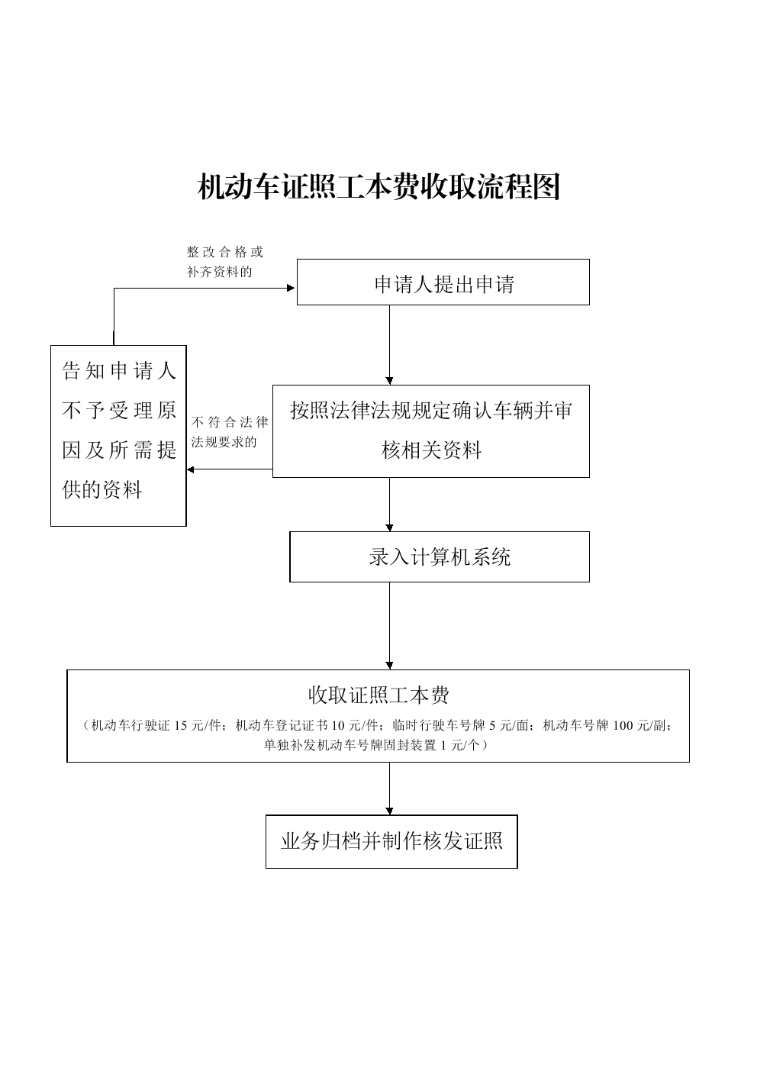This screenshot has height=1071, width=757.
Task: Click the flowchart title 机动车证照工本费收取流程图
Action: pyautogui.click(x=378, y=186)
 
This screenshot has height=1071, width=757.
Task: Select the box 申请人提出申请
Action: pyautogui.click(x=443, y=282)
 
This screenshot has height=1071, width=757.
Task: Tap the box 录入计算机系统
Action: pyautogui.click(x=440, y=556)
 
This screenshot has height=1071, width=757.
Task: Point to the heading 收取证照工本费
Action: pyautogui.click(x=378, y=695)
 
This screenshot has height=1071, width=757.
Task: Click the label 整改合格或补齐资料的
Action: pyautogui.click(x=224, y=262)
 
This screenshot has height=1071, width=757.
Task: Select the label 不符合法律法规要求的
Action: pyautogui.click(x=230, y=432)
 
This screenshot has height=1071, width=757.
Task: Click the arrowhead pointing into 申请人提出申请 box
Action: pyautogui.click(x=291, y=288)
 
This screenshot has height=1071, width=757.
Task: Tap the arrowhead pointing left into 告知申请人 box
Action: pyautogui.click(x=190, y=469)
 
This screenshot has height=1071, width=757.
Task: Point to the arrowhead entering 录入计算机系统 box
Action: pyautogui.click(x=389, y=527)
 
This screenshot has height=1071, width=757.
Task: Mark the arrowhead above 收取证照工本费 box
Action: pyautogui.click(x=389, y=666)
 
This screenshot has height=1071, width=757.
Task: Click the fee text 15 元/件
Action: pyautogui.click(x=198, y=725)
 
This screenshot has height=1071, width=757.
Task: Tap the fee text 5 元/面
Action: pyautogui.click(x=509, y=725)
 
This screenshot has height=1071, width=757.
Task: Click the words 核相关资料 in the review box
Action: pyautogui.click(x=431, y=450)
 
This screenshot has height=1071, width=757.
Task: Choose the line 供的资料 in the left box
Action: pyautogui.click(x=102, y=489)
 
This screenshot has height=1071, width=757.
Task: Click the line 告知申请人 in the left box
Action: pyautogui.click(x=119, y=370)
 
